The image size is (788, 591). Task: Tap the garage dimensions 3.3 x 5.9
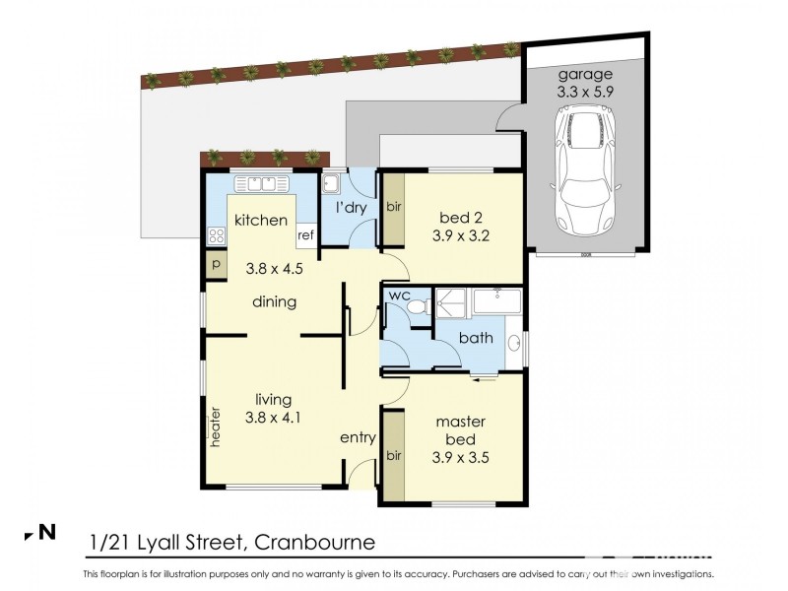[586, 92]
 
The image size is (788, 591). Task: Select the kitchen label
[261, 221]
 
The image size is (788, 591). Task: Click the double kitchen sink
[262, 182]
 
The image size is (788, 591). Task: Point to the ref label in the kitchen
[305, 235]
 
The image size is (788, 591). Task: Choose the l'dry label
[352, 209]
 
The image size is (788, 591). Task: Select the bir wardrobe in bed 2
[392, 209]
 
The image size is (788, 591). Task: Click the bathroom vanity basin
[514, 344]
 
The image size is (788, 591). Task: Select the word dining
[274, 302]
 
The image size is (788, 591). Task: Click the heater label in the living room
[214, 428]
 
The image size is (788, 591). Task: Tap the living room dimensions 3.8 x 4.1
[274, 417]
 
